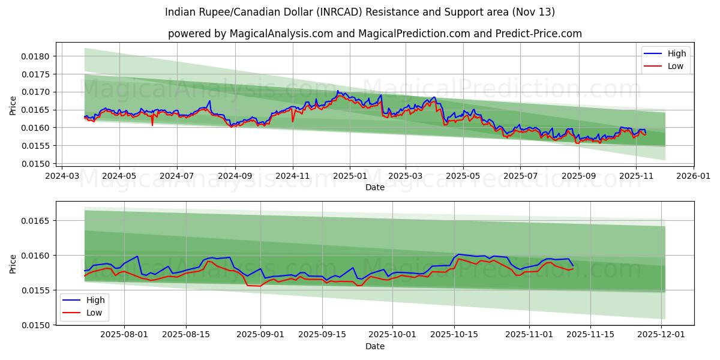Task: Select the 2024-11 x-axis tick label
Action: (x=293, y=176)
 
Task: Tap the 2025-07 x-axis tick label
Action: (x=520, y=176)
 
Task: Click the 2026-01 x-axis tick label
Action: (x=694, y=176)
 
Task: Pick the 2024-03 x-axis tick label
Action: (x=62, y=176)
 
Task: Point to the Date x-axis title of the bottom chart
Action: (x=375, y=346)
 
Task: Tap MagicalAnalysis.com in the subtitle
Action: (x=281, y=34)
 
